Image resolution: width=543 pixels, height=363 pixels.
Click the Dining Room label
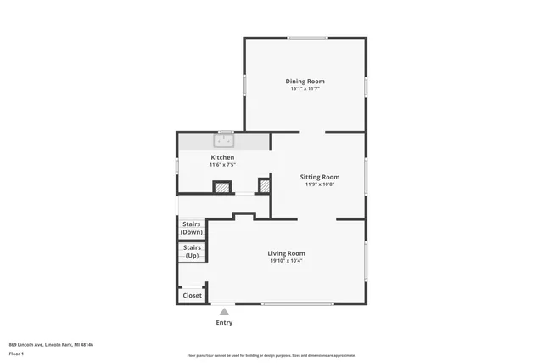click(305, 82)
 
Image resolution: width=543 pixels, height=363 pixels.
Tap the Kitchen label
click(222, 157)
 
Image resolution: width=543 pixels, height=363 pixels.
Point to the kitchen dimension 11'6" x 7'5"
click(222, 164)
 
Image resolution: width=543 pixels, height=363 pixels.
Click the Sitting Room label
click(320, 177)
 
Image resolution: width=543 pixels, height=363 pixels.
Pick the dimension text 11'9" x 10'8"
click(320, 184)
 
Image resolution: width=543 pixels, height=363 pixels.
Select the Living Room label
click(286, 253)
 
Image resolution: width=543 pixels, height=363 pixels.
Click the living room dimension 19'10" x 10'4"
click(286, 260)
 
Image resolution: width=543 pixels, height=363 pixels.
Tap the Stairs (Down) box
click(192, 228)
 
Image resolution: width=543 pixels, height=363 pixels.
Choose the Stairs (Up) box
click(192, 252)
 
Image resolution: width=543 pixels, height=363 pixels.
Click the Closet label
click(193, 296)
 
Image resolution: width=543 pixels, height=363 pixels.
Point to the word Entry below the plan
click(224, 323)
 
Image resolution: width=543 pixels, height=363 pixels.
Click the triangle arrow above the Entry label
click(224, 312)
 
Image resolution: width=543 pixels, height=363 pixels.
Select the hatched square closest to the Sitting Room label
click(264, 185)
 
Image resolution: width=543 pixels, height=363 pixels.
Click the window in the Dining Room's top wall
click(307, 37)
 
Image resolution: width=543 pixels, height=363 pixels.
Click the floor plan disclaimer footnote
click(271, 355)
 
